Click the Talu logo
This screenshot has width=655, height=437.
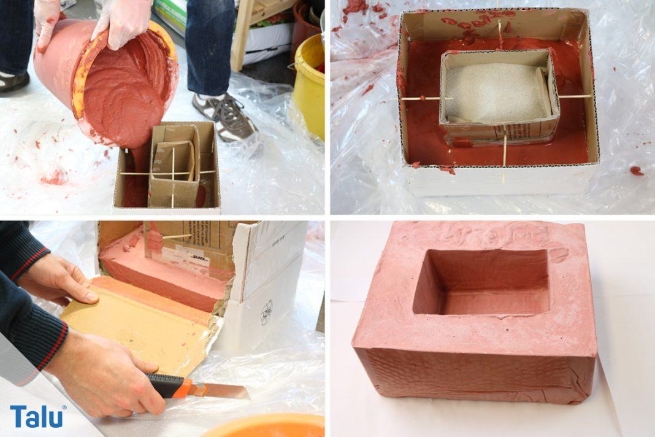37,417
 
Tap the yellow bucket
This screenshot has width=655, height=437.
309,86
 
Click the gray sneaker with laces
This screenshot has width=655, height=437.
226,117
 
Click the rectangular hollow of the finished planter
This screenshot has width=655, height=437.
481,282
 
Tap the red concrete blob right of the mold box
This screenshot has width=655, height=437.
637,171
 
